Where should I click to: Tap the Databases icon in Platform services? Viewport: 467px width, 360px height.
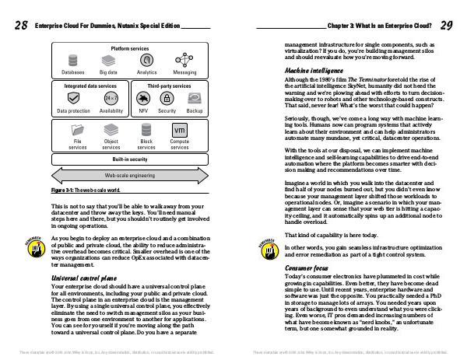pos(73,61)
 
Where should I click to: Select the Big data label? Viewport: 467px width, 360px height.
pos(108,72)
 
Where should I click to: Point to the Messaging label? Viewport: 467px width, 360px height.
pos(184,72)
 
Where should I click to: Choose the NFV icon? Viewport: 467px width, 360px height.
pos(143,99)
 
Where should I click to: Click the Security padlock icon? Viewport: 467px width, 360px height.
pos(166,99)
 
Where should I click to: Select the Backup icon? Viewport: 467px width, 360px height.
pos(195,99)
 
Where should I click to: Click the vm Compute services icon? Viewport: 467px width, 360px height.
pos(179,129)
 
